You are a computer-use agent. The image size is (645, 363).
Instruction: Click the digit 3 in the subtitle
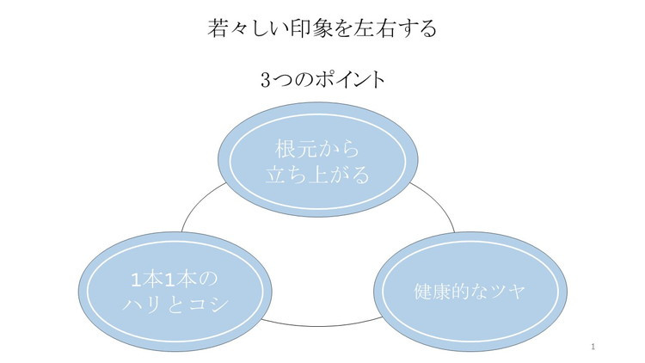[264, 80]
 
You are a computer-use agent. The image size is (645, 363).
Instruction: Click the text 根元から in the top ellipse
[316, 147]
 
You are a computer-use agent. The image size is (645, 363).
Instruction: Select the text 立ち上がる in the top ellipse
[316, 175]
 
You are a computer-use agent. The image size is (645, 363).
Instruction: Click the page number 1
[594, 347]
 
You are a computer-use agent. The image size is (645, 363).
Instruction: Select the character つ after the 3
[281, 80]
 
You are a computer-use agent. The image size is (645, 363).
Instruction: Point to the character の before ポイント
[301, 80]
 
